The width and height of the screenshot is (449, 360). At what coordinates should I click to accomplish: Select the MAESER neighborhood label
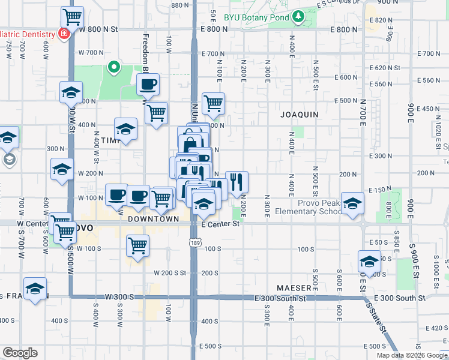294,288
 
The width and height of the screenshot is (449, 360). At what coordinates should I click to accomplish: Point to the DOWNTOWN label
153,220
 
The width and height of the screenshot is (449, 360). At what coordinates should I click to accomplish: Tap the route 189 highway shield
196,242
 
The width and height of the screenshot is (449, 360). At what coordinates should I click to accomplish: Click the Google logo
20,353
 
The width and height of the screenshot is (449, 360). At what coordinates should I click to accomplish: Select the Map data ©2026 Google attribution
412,355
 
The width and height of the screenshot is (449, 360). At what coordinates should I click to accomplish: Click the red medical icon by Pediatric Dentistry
63,34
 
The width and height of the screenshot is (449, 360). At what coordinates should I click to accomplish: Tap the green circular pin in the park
112,67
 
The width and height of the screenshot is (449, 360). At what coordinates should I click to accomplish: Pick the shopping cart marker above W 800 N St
73,17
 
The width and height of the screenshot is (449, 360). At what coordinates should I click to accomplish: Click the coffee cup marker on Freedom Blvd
148,84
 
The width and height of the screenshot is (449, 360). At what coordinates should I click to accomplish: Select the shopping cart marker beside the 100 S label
138,245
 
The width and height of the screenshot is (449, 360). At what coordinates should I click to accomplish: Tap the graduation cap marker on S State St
369,261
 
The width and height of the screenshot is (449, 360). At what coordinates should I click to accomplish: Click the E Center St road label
220,224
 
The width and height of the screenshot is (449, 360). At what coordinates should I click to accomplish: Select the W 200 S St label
169,273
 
